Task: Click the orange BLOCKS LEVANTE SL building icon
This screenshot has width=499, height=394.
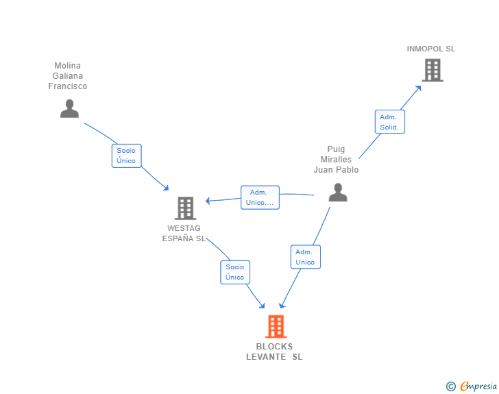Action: tap(276, 326)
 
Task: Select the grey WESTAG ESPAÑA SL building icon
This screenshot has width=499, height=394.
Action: tap(186, 208)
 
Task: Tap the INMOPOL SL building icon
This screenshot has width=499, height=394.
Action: tap(433, 70)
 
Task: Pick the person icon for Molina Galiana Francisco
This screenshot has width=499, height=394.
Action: tap(69, 108)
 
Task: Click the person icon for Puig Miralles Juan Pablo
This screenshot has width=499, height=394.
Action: tap(338, 193)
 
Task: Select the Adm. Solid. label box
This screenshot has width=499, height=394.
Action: tap(390, 121)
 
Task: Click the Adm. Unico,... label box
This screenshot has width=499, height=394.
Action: tap(260, 197)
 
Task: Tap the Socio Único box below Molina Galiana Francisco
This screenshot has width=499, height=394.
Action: tap(126, 156)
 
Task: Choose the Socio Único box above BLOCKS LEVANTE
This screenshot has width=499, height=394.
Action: tap(235, 272)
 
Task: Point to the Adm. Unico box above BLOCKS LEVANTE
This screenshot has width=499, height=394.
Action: tap(306, 257)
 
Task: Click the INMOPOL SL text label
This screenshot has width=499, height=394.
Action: tap(431, 49)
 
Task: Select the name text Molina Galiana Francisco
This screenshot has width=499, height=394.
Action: tap(67, 76)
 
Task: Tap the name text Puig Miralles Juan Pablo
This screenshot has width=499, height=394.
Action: tap(336, 160)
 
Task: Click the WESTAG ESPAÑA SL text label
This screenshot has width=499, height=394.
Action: tap(184, 233)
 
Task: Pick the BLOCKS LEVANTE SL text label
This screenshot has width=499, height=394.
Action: tap(274, 352)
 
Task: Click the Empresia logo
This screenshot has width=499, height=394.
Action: tap(478, 386)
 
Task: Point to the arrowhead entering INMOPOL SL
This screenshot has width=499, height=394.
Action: tap(419, 88)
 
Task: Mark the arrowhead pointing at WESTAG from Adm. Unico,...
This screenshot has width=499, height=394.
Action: tap(208, 201)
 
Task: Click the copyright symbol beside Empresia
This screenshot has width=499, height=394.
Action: tap(450, 386)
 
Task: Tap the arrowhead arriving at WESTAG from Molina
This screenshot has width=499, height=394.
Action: tap(166, 188)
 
